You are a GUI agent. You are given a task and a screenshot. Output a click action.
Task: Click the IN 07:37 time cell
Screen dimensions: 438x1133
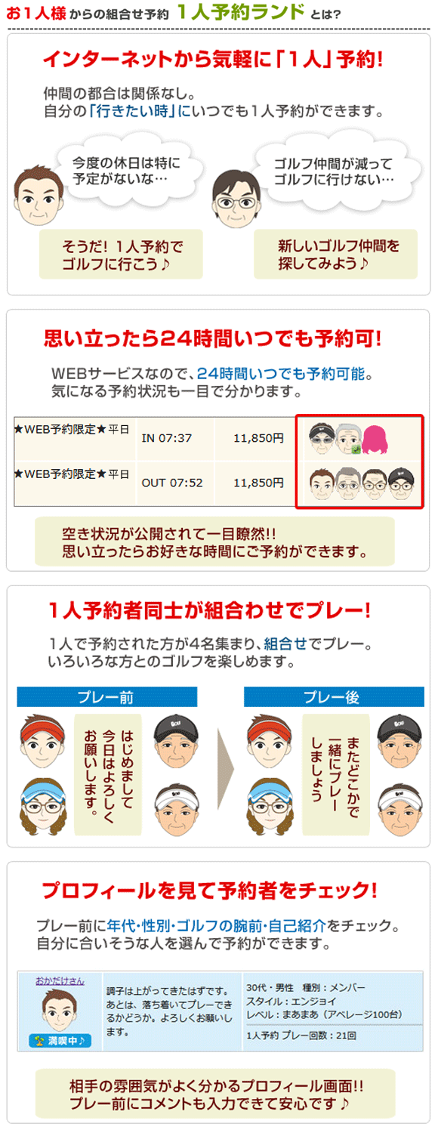(166, 438)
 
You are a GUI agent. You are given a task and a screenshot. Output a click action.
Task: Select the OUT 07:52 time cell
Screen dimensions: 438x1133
(172, 483)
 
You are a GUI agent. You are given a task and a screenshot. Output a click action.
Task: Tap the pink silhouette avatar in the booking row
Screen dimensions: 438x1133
(375, 440)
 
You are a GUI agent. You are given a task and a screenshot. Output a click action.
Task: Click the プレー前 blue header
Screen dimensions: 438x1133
(106, 696)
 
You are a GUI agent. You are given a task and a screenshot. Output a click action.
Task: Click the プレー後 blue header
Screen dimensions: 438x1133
(334, 696)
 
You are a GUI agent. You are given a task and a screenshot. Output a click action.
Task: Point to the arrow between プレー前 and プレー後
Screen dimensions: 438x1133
(226, 769)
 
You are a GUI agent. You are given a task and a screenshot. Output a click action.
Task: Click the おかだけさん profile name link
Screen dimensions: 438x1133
(60, 980)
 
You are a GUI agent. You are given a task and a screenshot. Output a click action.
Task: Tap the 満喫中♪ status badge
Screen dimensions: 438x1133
(60, 1040)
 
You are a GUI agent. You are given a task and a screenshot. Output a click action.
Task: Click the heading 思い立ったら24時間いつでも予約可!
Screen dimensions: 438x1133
(212, 338)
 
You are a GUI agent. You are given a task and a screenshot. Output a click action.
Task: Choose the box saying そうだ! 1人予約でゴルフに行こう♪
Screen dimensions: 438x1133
(122, 255)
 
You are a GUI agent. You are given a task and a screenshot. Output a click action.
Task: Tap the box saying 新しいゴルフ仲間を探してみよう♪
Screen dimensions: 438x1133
(335, 254)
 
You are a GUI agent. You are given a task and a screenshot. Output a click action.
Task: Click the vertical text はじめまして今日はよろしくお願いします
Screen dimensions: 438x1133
(108, 769)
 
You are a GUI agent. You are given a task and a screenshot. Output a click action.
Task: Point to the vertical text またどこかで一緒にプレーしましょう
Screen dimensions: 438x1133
(336, 769)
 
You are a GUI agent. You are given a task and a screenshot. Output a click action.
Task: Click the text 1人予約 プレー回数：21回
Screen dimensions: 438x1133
(301, 1036)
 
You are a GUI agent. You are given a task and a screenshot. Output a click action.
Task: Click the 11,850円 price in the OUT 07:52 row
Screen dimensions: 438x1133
(258, 483)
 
